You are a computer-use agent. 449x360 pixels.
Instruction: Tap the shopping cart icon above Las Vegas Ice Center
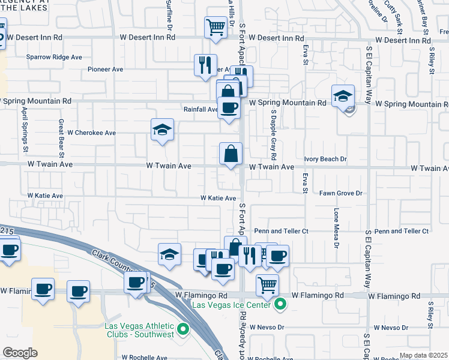(x=267, y=284)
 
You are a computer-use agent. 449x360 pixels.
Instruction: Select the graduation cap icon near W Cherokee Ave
(x=161, y=130)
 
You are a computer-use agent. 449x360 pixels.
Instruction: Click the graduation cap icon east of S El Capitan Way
(x=342, y=96)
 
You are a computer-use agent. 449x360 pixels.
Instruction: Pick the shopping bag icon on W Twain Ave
(x=231, y=154)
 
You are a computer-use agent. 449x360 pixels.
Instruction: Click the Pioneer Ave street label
(x=105, y=70)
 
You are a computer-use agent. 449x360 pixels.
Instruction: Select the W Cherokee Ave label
(x=91, y=133)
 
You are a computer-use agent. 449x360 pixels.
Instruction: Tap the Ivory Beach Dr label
(x=325, y=159)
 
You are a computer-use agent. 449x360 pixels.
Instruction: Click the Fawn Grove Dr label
(x=341, y=193)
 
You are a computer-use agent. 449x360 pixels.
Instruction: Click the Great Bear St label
(x=61, y=136)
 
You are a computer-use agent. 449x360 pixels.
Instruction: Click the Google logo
(x=20, y=353)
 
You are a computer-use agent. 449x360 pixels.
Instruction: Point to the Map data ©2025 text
(x=423, y=355)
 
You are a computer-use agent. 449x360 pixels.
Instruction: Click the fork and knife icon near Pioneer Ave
(x=205, y=65)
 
